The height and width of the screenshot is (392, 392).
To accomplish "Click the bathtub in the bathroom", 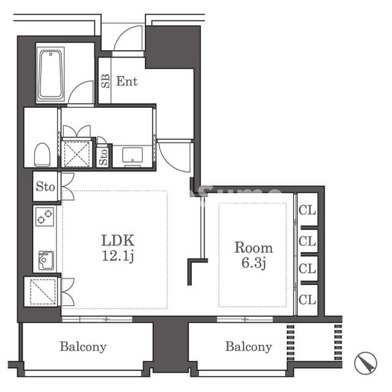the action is tap(51, 75).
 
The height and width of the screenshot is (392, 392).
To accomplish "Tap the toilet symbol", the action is tap(42, 154).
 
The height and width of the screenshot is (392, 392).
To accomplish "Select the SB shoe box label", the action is tap(105, 81).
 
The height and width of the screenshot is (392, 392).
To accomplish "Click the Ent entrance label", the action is tap(127, 81).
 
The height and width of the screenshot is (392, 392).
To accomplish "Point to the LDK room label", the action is tap(118, 240).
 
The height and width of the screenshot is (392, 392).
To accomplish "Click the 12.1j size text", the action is tap(118, 256).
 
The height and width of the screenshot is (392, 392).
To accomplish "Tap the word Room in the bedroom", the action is tap(254, 247).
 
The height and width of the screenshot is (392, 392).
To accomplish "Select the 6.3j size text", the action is tap(254, 263).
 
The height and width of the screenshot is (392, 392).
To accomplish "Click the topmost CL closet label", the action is tap(307, 210).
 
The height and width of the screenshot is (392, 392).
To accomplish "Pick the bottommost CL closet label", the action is tap(307, 300).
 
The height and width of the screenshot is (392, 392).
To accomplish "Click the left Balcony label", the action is tap(83, 347).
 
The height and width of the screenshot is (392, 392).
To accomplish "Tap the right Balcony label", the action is tap(249, 347).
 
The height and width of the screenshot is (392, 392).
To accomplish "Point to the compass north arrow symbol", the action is tap(366, 363).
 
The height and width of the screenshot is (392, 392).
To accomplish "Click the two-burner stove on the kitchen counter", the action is tap(45, 216).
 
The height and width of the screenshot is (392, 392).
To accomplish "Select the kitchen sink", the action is tap(46, 260).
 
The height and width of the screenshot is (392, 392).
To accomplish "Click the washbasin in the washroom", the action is tap(132, 155).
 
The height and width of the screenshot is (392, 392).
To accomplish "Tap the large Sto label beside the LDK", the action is tap(45, 186).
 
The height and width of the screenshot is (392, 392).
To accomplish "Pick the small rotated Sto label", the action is tap(103, 157).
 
